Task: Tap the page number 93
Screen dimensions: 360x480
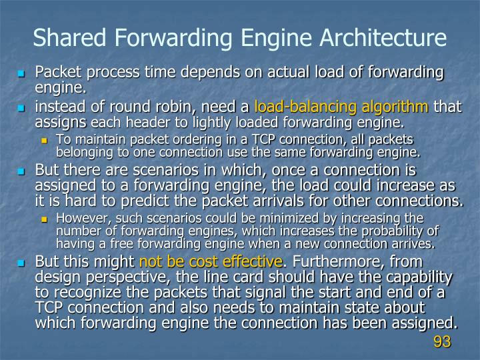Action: coord(442,342)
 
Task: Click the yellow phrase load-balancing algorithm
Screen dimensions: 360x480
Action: coord(341,106)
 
